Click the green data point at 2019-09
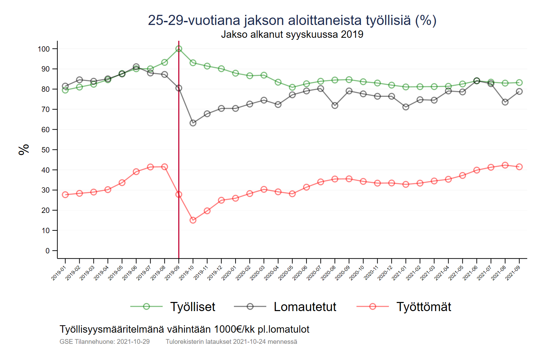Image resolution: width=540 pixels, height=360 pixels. pyautogui.click(x=179, y=49)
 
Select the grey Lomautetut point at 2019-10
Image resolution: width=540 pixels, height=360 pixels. pyautogui.click(x=193, y=123)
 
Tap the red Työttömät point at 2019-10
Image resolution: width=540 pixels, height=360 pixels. pyautogui.click(x=193, y=220)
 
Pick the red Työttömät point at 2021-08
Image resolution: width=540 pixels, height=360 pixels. pyautogui.click(x=505, y=165)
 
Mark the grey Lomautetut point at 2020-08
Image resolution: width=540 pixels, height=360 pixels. pyautogui.click(x=335, y=106)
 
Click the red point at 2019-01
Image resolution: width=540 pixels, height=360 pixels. pyautogui.click(x=65, y=195)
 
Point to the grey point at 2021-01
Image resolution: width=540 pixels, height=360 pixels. pyautogui.click(x=406, y=107)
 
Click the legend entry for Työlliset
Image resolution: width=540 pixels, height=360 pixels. pyautogui.click(x=192, y=307)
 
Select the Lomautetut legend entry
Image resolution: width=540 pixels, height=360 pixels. pyautogui.click(x=305, y=307)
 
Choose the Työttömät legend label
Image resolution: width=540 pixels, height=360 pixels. pyautogui.click(x=424, y=307)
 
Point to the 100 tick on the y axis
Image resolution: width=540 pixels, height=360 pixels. pyautogui.click(x=44, y=49)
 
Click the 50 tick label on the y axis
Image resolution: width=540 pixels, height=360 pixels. pyautogui.click(x=46, y=150)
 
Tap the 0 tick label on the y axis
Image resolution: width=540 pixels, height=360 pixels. pyautogui.click(x=48, y=251)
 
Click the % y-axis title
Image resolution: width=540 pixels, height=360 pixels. pyautogui.click(x=24, y=149)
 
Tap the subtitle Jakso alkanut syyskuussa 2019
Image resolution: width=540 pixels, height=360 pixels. pyautogui.click(x=292, y=34)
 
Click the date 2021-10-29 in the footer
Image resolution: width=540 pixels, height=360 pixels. pyautogui.click(x=133, y=342)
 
